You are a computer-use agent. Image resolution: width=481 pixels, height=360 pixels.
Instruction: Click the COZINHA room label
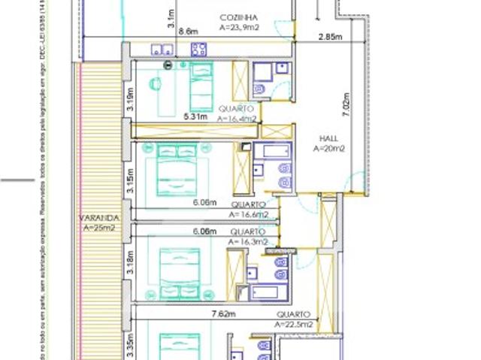[239, 17]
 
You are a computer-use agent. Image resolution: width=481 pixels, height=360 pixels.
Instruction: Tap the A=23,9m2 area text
[239, 26]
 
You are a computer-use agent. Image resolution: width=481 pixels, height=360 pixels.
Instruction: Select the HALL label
[328, 139]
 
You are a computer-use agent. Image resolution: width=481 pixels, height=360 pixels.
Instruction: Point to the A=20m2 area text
[328, 149]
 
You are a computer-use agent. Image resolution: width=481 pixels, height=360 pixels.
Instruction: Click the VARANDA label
[98, 218]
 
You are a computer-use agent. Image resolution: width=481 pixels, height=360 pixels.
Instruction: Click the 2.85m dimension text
[331, 37]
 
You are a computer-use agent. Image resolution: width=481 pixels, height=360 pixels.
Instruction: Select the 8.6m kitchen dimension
[190, 32]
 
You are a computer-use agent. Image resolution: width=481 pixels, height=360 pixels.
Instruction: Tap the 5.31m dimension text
[195, 116]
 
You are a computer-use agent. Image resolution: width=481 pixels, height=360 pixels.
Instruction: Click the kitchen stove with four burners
[200, 50]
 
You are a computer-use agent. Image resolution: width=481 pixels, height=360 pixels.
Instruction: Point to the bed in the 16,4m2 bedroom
[201, 87]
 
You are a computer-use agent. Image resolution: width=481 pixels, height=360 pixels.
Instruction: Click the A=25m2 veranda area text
[98, 228]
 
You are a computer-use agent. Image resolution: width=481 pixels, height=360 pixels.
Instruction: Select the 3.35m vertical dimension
[130, 346]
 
